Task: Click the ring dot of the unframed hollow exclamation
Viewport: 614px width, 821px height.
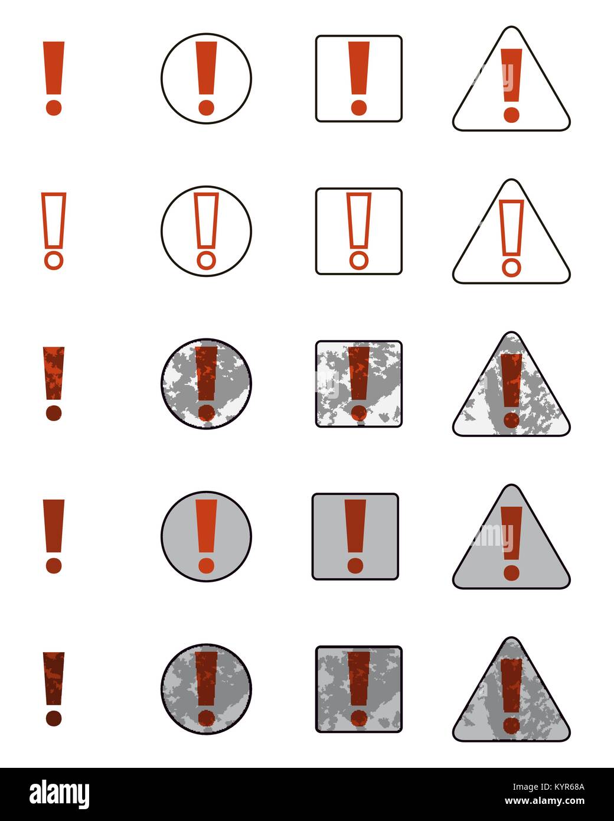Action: (x=54, y=260)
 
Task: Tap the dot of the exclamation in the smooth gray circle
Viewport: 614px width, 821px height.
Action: (x=206, y=565)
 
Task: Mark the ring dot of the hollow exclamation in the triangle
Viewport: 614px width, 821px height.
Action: (x=511, y=267)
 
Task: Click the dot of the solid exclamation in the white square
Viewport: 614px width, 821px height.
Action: (x=358, y=107)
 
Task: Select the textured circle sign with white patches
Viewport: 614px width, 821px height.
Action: (x=206, y=383)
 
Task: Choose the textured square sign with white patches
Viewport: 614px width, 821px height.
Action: (x=358, y=383)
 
